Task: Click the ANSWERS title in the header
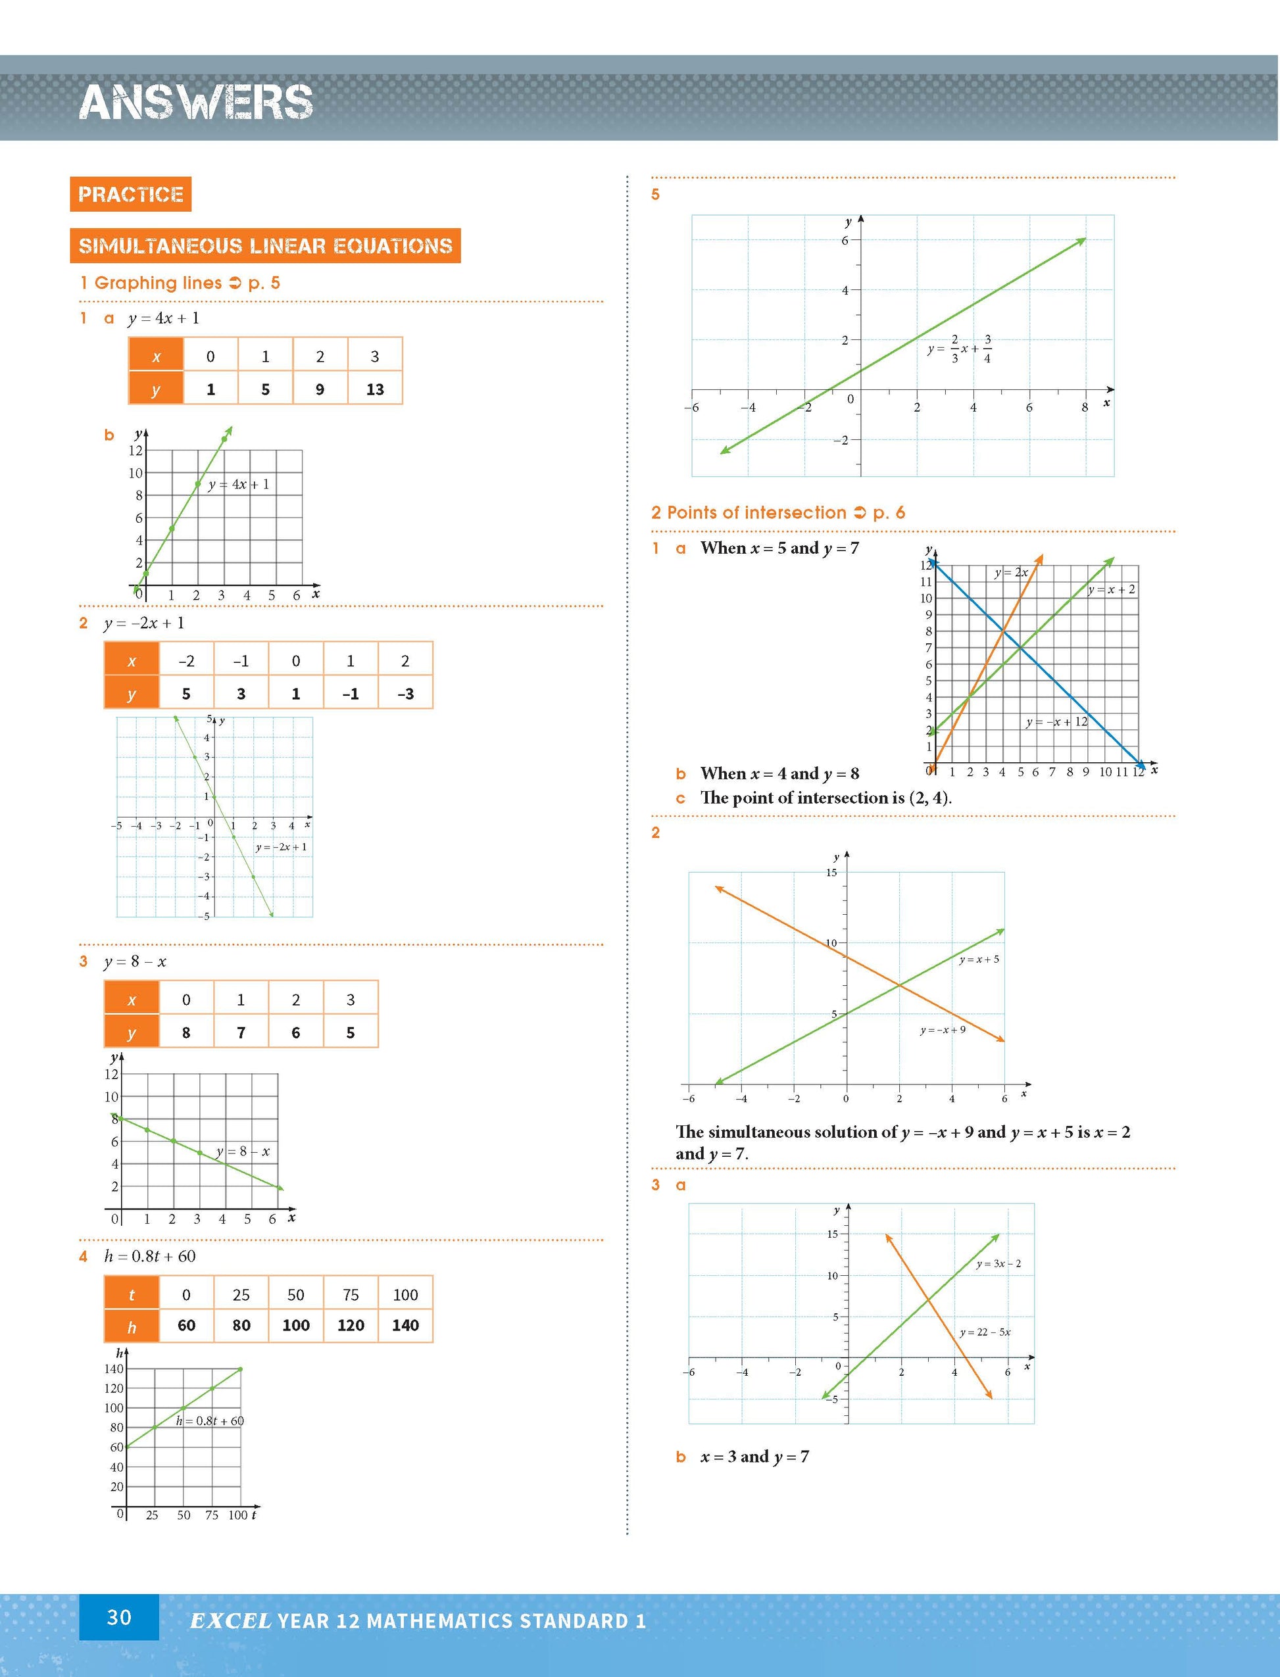pos(196,102)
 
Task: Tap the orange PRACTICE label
pos(130,194)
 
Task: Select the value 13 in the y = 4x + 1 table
pos(375,389)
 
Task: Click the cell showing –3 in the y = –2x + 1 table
pos(405,694)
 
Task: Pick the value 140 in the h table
pos(405,1325)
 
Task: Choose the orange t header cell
pos(132,1295)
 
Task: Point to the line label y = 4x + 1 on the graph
pos(239,485)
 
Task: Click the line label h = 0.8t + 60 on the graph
pos(210,1421)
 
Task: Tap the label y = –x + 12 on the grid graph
pos(1057,721)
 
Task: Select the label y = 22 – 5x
pos(985,1332)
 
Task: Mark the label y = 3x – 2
pos(998,1263)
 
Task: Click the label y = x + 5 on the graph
pos(979,960)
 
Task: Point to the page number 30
pos(119,1618)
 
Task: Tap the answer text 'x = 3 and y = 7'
pos(754,1456)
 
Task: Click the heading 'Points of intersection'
pos(756,512)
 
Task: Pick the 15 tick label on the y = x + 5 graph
pos(831,873)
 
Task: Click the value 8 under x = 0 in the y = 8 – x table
pos(186,1033)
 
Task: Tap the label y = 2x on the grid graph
pos(1011,572)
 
